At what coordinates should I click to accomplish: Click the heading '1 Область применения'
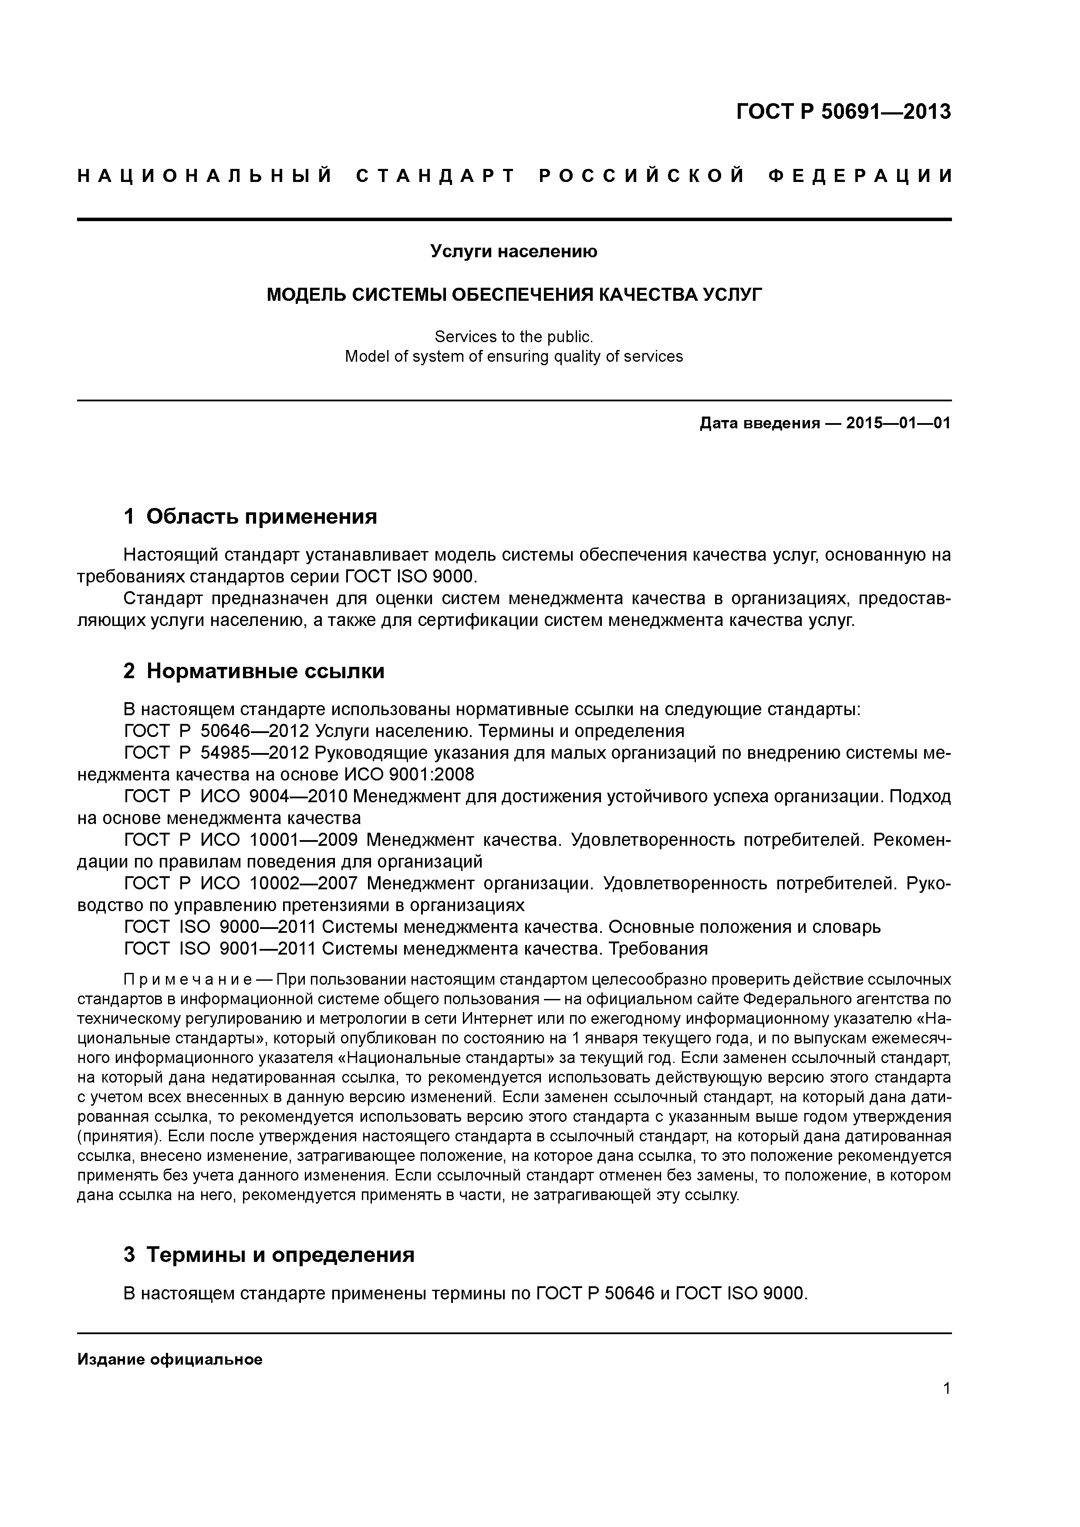tap(250, 516)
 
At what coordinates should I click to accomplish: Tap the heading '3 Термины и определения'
tap(269, 1255)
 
